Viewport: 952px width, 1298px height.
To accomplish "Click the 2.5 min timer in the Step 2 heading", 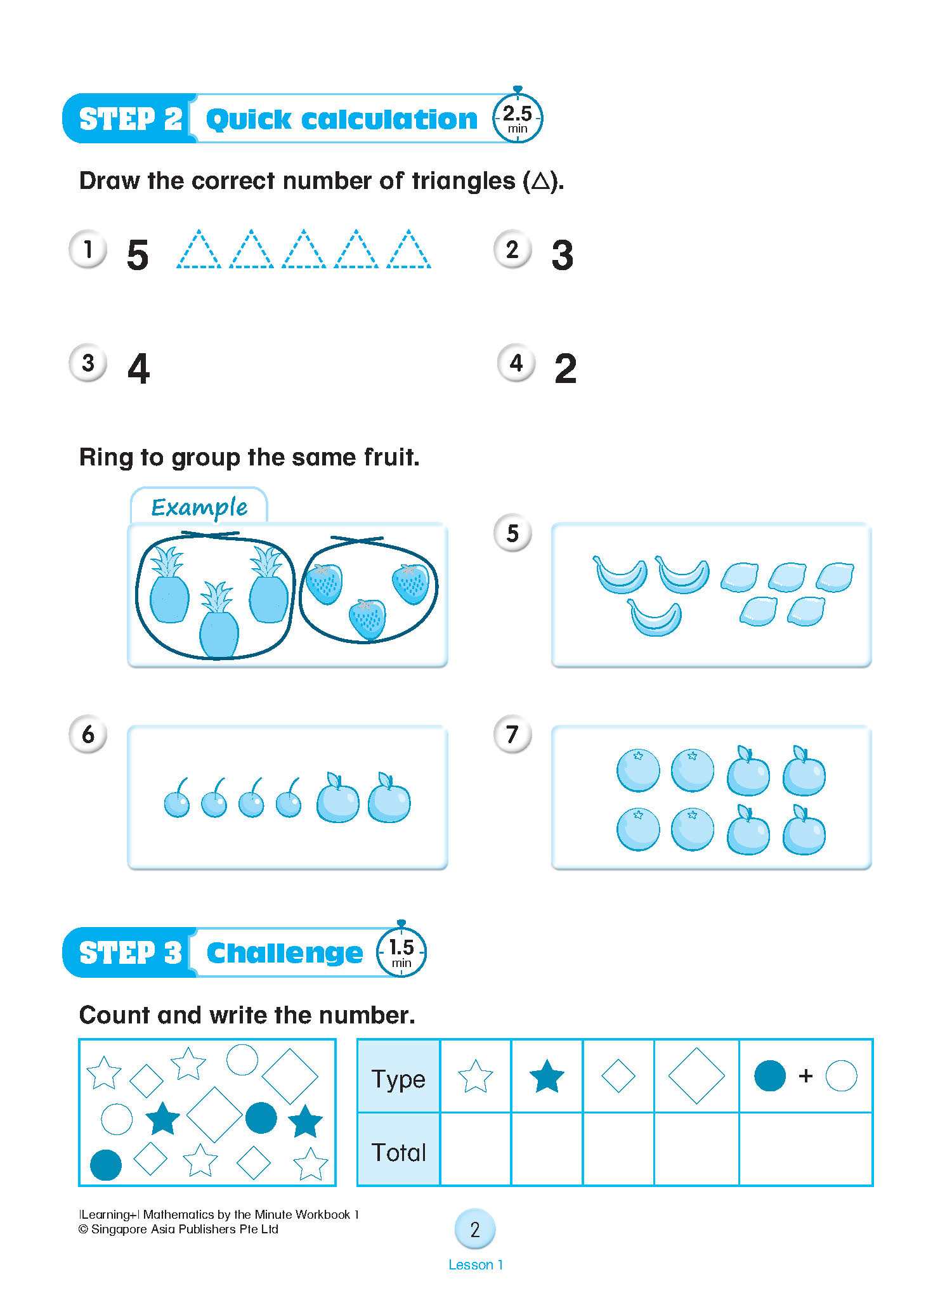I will click(518, 118).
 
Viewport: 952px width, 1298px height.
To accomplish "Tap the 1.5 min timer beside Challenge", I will click(401, 952).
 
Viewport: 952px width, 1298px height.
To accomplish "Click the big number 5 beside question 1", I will click(138, 255).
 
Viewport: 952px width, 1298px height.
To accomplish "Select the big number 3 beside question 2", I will click(563, 255).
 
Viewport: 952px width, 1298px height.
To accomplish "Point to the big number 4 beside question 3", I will click(138, 368).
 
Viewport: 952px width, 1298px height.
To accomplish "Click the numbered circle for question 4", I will click(516, 363).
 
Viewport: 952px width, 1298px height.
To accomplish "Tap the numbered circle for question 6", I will click(88, 734).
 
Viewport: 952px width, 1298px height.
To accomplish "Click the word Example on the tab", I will click(199, 507).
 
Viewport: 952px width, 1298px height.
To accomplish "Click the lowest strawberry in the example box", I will click(367, 619).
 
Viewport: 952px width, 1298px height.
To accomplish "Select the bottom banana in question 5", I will click(655, 618).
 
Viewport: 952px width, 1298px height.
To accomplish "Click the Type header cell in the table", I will click(398, 1078).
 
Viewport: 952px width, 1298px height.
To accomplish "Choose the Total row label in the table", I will click(398, 1152).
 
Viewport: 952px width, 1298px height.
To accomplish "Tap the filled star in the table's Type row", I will click(546, 1077).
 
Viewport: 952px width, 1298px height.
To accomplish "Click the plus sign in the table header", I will click(805, 1076).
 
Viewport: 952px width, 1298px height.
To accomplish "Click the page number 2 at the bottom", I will click(475, 1230).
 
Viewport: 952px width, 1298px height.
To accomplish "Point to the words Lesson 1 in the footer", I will click(476, 1264).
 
